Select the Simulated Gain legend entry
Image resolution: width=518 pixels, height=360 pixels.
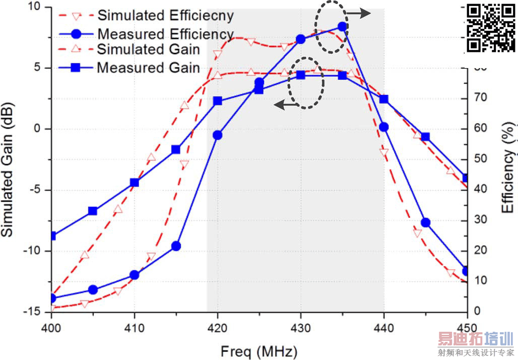click(x=149, y=50)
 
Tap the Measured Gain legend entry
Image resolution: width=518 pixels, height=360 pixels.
click(x=149, y=67)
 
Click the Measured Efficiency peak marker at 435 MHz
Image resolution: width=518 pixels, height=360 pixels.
click(x=342, y=27)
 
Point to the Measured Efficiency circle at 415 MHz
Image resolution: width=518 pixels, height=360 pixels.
click(x=176, y=246)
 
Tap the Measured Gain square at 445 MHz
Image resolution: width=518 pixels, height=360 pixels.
click(x=425, y=137)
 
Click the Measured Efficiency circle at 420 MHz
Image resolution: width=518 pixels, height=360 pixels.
click(x=218, y=135)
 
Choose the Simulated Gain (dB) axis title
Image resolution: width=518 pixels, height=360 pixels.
click(x=9, y=169)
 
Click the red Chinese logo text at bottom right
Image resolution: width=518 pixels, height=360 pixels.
click(x=475, y=338)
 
